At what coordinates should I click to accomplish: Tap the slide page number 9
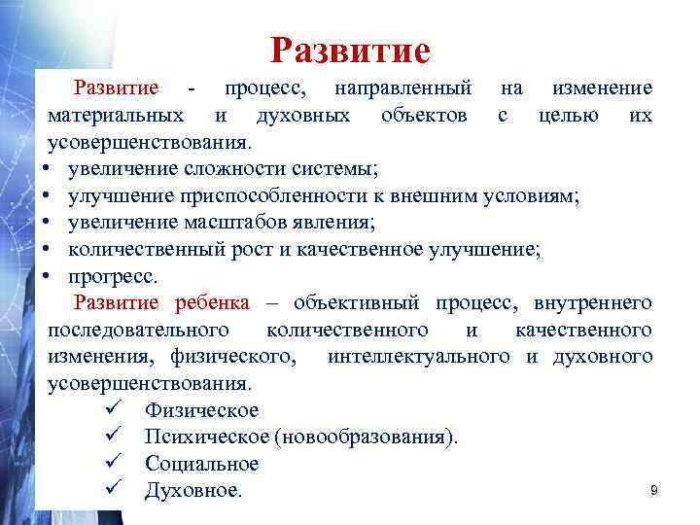click(654, 491)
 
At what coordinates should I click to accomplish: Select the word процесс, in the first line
click(265, 88)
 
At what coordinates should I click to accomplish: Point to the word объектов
click(418, 116)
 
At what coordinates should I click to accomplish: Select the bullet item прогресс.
click(113, 276)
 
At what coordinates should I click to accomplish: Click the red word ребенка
click(212, 302)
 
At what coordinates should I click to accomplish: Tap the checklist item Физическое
click(201, 410)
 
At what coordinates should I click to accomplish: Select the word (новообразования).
click(366, 437)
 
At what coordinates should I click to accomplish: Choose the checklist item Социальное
click(201, 464)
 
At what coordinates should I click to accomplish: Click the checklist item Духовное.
click(192, 491)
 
